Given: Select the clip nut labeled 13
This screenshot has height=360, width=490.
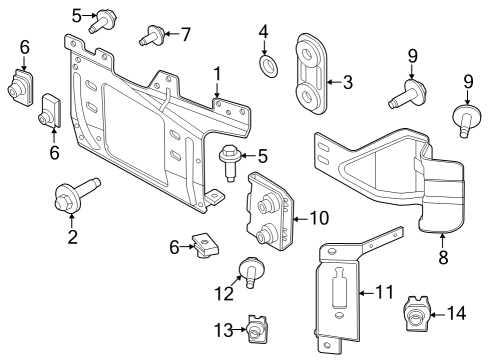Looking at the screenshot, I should pyautogui.click(x=259, y=326).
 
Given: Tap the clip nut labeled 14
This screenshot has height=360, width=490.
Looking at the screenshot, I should pyautogui.click(x=415, y=314).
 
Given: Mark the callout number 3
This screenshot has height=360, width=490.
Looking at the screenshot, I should pyautogui.click(x=347, y=82).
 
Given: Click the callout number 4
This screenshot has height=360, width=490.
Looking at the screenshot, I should pyautogui.click(x=264, y=32).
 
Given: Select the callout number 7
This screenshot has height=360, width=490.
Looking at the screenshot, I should pyautogui.click(x=185, y=33).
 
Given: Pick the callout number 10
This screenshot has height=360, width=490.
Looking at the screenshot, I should pyautogui.click(x=319, y=217).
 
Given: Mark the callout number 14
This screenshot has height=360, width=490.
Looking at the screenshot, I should pyautogui.click(x=455, y=313).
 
